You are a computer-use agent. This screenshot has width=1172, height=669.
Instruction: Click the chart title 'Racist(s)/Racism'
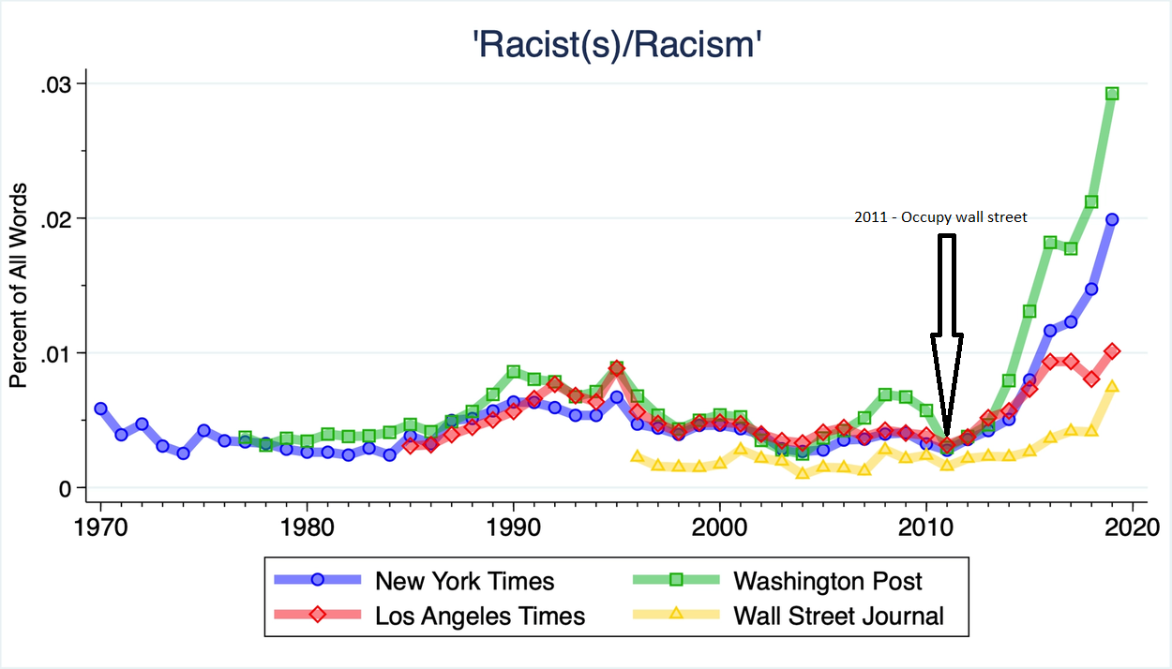[614, 44]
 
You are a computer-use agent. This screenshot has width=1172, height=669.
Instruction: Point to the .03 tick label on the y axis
[57, 84]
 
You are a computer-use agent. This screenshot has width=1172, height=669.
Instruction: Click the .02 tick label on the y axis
[57, 219]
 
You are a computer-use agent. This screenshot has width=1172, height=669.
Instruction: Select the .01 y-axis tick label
[57, 353]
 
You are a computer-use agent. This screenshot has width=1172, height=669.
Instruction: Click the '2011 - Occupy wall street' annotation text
[940, 217]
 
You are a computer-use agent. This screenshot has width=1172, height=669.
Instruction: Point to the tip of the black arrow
[947, 439]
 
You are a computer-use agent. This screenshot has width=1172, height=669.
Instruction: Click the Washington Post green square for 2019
[1112, 94]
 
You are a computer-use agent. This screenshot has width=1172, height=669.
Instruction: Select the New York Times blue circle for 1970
[100, 409]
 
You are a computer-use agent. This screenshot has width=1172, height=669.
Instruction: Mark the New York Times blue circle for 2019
[1112, 219]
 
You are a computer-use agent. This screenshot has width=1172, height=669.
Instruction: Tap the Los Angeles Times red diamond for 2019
[1112, 351]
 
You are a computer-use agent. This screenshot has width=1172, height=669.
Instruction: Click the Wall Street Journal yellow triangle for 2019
[1112, 386]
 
